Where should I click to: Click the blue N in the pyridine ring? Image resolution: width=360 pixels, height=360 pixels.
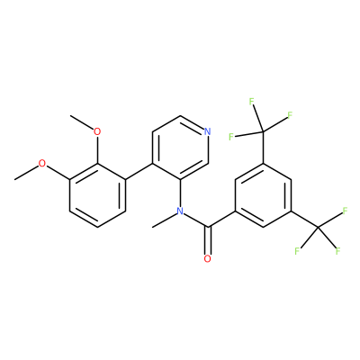click(x=207, y=131)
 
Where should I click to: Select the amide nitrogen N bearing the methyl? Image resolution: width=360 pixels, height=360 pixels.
click(x=180, y=211)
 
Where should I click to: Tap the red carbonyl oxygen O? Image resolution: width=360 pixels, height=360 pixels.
click(x=207, y=258)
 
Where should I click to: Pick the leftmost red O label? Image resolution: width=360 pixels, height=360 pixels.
click(x=42, y=164)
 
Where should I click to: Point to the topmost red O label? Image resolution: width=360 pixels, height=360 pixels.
click(x=97, y=131)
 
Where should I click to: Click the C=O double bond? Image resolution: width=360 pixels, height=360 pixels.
click(x=208, y=240)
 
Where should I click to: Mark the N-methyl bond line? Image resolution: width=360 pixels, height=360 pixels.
click(x=165, y=220)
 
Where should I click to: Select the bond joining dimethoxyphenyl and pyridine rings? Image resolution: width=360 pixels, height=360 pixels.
click(x=139, y=171)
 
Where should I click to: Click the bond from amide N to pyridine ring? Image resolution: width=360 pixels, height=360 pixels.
click(x=180, y=193)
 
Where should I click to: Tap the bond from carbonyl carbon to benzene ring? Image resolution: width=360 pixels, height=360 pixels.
click(x=222, y=219)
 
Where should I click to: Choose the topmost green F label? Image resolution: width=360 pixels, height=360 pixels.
click(x=252, y=102)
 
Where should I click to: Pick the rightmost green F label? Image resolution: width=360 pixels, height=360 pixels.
click(x=345, y=211)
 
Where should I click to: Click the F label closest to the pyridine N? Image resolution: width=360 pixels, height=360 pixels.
click(x=231, y=137)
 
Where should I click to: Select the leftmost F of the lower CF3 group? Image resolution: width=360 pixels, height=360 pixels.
click(x=297, y=251)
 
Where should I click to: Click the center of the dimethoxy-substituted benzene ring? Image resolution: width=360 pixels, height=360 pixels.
click(x=97, y=195)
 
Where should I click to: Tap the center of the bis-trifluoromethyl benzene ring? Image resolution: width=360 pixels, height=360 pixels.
click(x=263, y=195)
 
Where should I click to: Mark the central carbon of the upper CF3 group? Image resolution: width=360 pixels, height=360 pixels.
click(x=263, y=131)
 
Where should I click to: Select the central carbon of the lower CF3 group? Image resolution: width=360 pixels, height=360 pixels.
click(x=318, y=227)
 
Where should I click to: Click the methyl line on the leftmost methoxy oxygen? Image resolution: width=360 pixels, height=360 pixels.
click(x=26, y=173)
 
